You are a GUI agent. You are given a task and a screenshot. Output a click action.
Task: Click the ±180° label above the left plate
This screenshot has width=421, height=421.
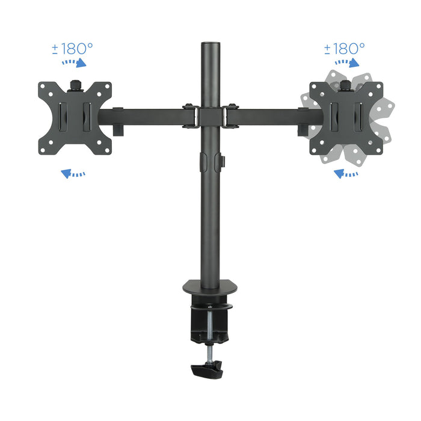pyautogui.click(x=72, y=48)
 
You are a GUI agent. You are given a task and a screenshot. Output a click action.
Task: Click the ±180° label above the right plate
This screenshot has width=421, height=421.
pyautogui.click(x=344, y=48)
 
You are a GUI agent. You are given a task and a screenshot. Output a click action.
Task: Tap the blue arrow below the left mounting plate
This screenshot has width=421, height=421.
pyautogui.click(x=73, y=174)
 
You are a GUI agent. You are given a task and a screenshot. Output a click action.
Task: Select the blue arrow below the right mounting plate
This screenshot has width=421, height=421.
pyautogui.click(x=346, y=174)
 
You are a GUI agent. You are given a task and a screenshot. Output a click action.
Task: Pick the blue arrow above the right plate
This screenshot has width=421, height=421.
pyautogui.click(x=347, y=62)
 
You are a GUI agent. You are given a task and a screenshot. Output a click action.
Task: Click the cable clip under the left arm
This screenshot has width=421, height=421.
pyautogui.click(x=117, y=129)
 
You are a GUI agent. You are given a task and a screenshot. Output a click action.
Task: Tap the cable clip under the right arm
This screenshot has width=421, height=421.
pyautogui.click(x=301, y=129)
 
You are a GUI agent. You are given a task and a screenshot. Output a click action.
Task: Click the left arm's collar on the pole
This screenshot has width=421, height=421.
pyautogui.click(x=190, y=115)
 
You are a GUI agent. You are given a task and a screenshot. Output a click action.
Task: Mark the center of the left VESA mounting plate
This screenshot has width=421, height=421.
pyautogui.click(x=75, y=117)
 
